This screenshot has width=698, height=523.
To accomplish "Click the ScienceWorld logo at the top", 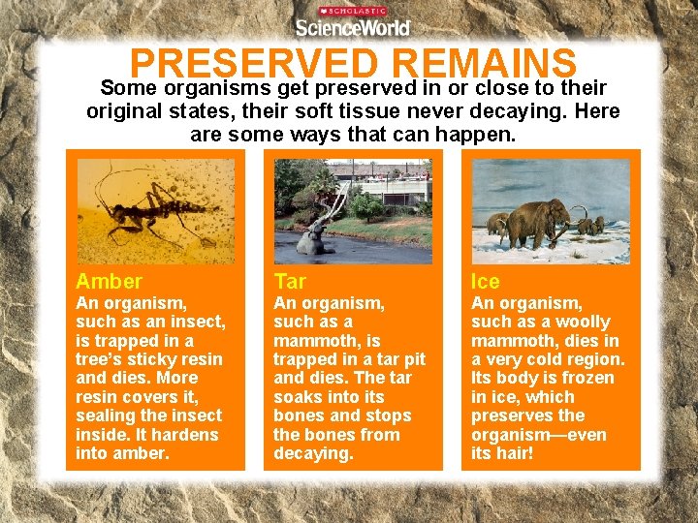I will (x=352, y=25).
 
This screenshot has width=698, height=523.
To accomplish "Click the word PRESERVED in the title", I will (x=253, y=64).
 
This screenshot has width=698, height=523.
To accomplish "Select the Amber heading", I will (x=109, y=282).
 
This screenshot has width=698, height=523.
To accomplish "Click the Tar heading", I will (x=290, y=282).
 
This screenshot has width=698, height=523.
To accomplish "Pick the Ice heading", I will (x=486, y=282).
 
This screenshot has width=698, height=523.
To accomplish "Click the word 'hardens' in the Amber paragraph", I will (x=190, y=435).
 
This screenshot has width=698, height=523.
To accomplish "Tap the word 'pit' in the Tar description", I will (x=412, y=359).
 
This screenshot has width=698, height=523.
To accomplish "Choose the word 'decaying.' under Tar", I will (x=312, y=453).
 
